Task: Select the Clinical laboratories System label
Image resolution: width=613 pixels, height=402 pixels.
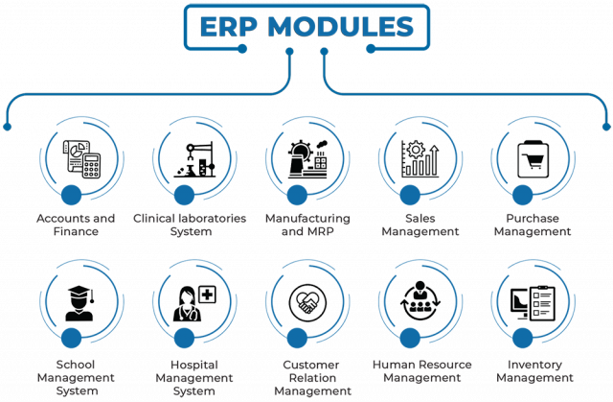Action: (x=190, y=225)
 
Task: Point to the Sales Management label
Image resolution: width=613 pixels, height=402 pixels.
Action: (x=420, y=225)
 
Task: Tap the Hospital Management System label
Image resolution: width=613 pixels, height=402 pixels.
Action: (x=190, y=377)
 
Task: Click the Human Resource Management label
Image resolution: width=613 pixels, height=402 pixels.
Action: (x=419, y=371)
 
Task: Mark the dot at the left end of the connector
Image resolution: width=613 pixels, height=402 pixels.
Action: (x=7, y=126)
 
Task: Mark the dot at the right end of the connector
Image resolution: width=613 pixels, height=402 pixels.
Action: (x=604, y=126)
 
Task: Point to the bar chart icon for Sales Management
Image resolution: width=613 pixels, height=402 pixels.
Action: (x=420, y=158)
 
